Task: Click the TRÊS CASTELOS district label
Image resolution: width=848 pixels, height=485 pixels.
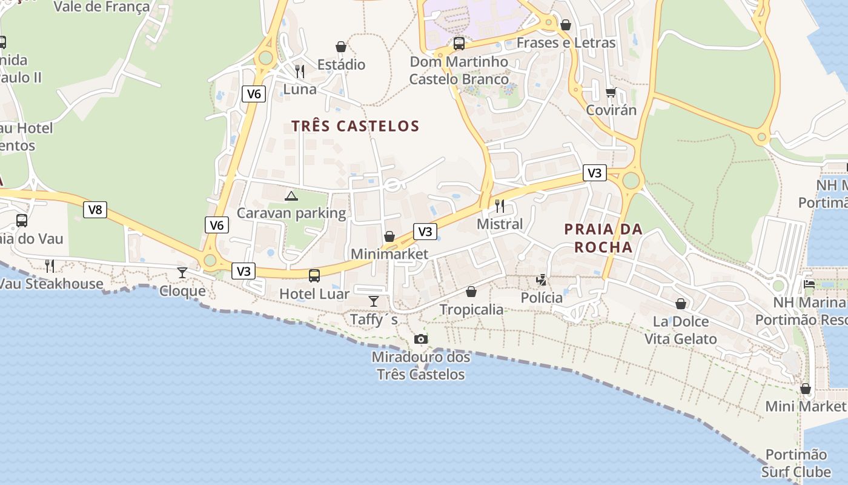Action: pyautogui.click(x=355, y=126)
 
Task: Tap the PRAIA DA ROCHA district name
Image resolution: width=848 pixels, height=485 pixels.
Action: pyautogui.click(x=603, y=238)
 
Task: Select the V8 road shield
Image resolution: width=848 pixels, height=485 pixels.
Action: pyautogui.click(x=95, y=210)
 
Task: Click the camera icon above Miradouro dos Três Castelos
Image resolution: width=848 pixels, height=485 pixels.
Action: pyautogui.click(x=420, y=339)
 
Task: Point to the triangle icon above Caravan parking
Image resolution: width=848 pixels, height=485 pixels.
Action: pyautogui.click(x=291, y=196)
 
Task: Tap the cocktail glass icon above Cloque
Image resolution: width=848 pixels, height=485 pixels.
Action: pyautogui.click(x=182, y=272)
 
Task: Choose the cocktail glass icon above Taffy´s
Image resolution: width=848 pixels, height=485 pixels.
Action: pyautogui.click(x=374, y=301)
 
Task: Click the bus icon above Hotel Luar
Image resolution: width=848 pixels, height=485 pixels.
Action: pyautogui.click(x=314, y=276)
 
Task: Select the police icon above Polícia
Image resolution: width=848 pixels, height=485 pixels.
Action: pyautogui.click(x=542, y=279)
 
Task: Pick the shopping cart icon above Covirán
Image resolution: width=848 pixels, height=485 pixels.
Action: pyautogui.click(x=611, y=92)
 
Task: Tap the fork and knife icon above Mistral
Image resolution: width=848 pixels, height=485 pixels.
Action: pyautogui.click(x=500, y=206)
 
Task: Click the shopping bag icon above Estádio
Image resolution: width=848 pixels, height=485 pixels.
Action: pyautogui.click(x=341, y=47)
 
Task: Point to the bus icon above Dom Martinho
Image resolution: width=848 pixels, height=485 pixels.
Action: pyautogui.click(x=459, y=44)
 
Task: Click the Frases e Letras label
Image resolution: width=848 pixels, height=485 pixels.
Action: pyautogui.click(x=566, y=43)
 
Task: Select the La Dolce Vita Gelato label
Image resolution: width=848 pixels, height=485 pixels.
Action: pyautogui.click(x=680, y=330)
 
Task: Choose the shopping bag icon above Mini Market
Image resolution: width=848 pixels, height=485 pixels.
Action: pyautogui.click(x=806, y=389)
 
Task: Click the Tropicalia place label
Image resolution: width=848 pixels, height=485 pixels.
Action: pyautogui.click(x=471, y=310)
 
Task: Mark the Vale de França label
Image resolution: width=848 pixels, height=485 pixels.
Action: pyautogui.click(x=102, y=7)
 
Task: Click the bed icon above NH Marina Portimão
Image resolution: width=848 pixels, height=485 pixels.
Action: pyautogui.click(x=809, y=283)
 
